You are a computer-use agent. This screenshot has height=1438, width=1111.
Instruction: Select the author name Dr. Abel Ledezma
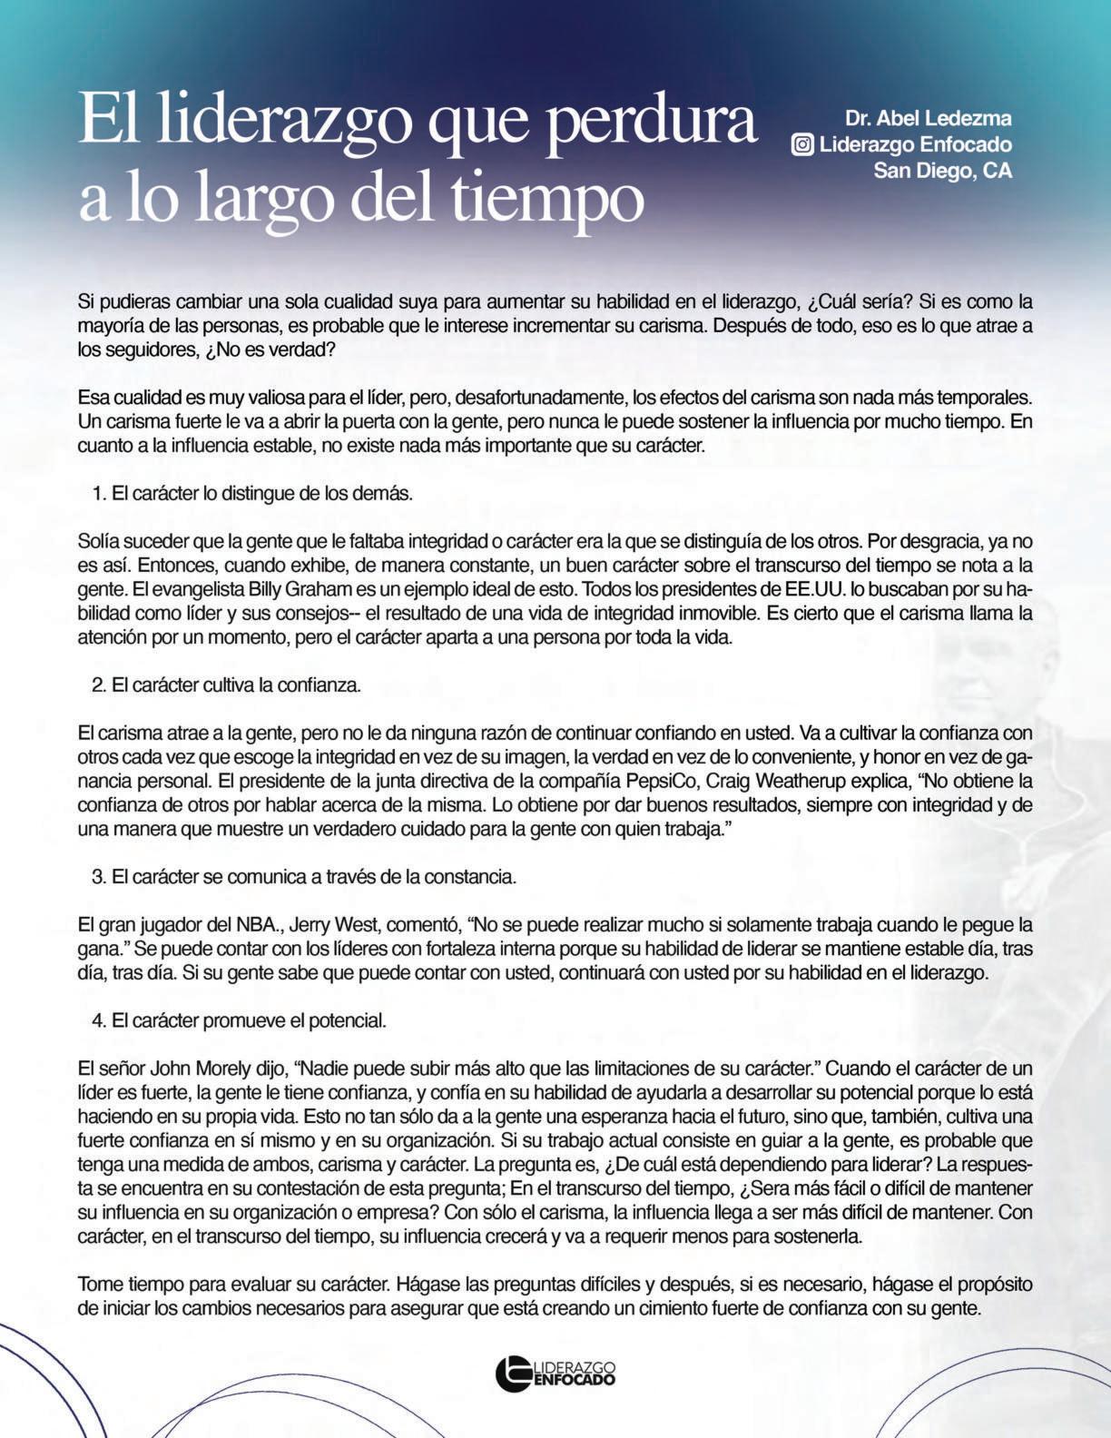928,118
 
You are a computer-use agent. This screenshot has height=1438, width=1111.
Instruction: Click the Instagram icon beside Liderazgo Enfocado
802,144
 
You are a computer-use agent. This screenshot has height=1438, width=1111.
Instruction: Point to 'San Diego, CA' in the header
942,171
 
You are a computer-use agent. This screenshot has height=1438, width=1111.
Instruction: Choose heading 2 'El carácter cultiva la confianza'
227,685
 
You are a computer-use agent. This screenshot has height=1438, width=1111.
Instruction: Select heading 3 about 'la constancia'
304,877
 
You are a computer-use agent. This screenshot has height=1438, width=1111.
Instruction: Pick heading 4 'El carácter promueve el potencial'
240,1020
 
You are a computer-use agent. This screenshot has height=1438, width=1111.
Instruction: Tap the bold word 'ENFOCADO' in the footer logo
574,1379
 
